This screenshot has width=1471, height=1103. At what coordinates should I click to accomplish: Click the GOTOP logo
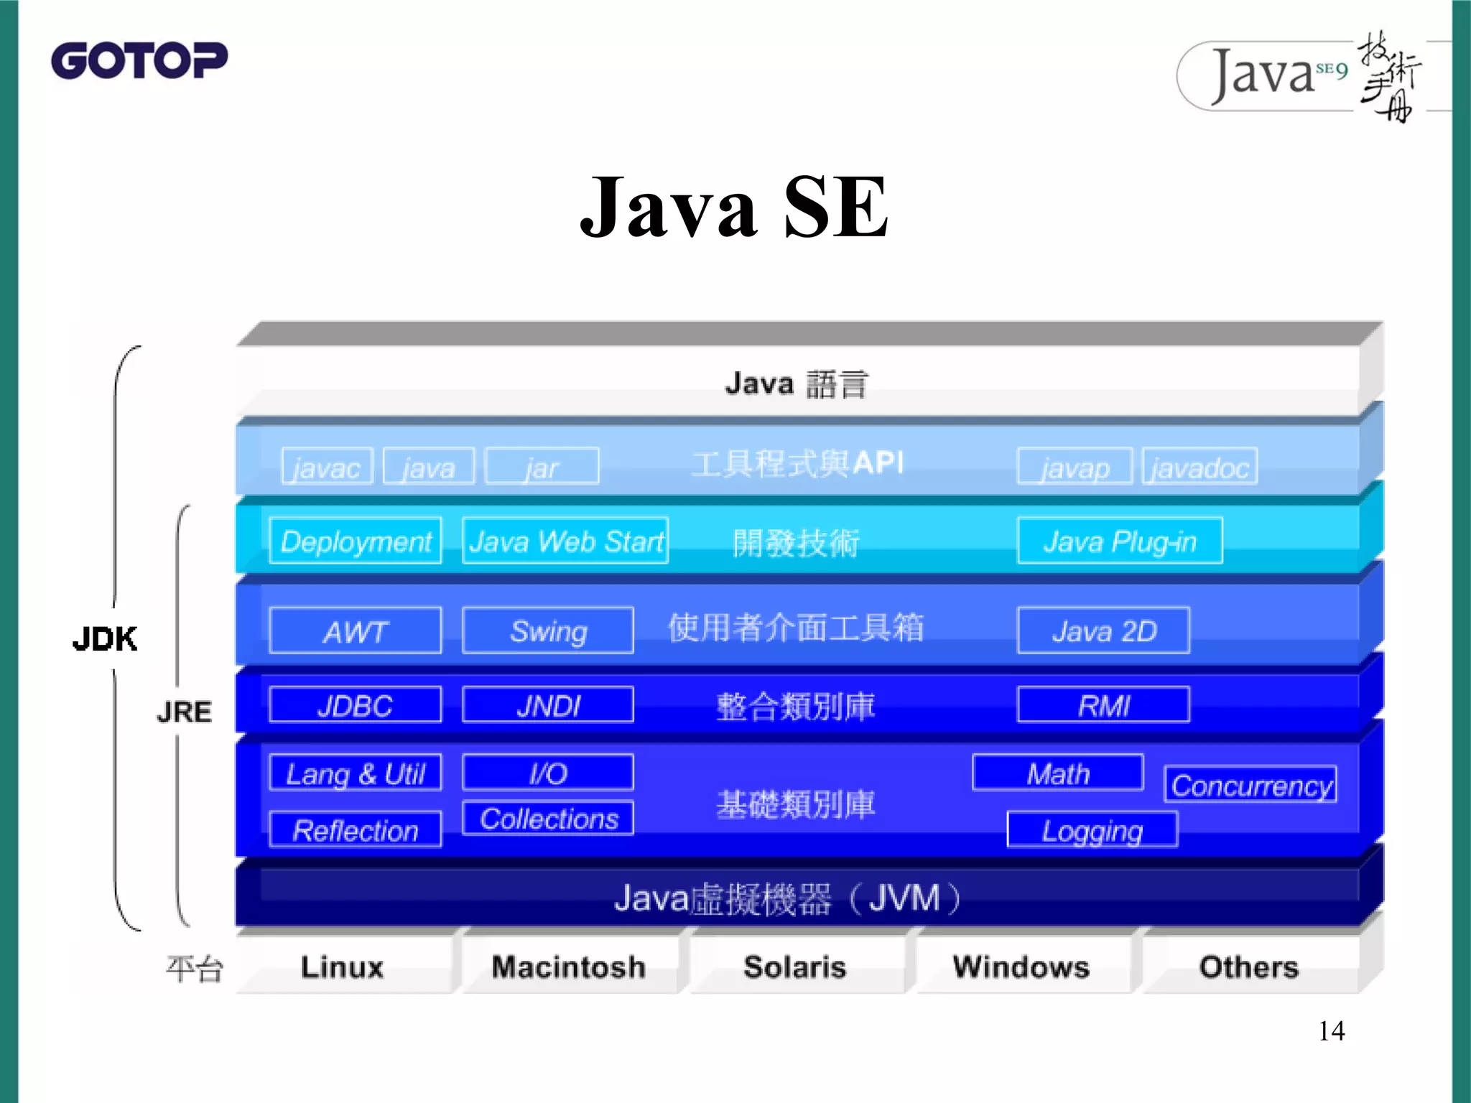pos(139,60)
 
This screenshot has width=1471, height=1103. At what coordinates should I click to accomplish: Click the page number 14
pos(1331,1031)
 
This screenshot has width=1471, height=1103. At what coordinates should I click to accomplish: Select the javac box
pos(328,467)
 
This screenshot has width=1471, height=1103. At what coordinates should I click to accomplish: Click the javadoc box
pos(1199,467)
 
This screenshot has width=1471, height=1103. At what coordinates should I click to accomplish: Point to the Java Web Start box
pos(565,541)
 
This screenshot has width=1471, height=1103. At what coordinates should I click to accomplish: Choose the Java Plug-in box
pos(1120,541)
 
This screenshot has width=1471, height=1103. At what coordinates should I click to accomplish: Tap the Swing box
pos(548,630)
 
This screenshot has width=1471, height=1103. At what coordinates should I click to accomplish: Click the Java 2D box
pos(1103,630)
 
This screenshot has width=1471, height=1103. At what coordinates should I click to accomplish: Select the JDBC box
pos(356,704)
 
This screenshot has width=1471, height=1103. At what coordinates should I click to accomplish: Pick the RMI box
pos(1103,704)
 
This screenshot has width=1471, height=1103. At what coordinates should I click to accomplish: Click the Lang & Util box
pos(356,773)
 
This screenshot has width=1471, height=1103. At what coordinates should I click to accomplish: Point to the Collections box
pos(548,818)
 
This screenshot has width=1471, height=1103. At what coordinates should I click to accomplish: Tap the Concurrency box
pos(1250,784)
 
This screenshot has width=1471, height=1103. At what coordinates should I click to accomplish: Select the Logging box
pos(1092,830)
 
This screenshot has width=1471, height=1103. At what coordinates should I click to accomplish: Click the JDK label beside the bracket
pos(105,638)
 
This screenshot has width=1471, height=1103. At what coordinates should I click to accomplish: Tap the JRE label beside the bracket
pos(185,712)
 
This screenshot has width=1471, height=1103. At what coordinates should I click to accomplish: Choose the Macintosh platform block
pos(568,967)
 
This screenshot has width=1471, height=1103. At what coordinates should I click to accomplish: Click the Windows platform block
pos(1021,967)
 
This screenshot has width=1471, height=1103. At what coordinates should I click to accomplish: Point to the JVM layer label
pos(787,898)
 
